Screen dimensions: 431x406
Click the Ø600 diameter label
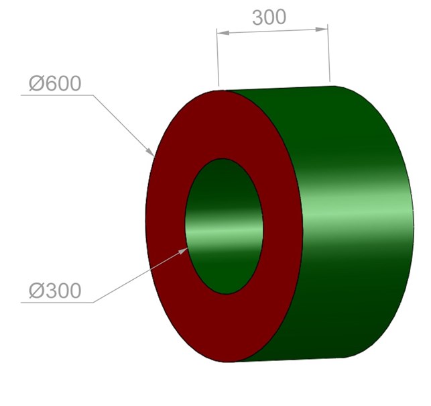[x=55, y=83]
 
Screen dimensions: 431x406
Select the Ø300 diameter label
[x=55, y=291]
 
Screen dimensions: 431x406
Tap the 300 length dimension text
[x=269, y=17]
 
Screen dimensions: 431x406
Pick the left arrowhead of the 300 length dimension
[x=223, y=33]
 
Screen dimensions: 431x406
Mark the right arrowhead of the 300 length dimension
[x=322, y=29]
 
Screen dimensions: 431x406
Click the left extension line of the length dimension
[x=218, y=57]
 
